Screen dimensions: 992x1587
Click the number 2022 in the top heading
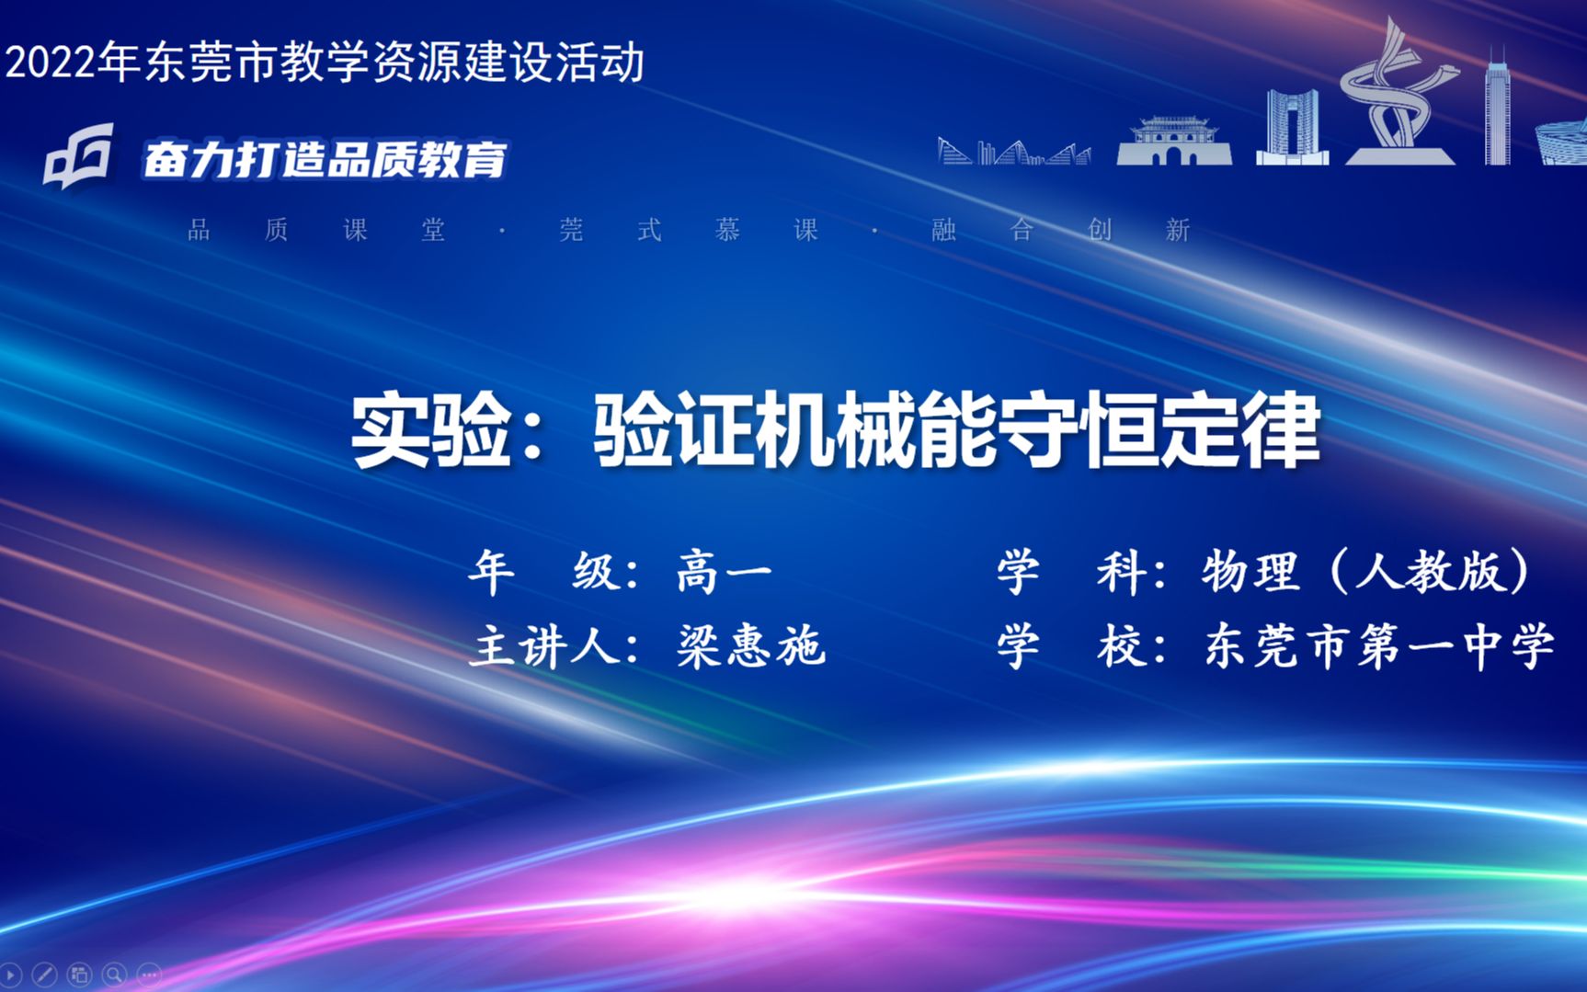(x=51, y=63)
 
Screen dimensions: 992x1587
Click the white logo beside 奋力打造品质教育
(x=79, y=157)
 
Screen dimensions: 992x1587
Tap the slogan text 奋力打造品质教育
(x=325, y=160)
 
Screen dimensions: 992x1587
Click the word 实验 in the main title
(x=430, y=430)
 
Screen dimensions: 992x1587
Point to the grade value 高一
(x=724, y=573)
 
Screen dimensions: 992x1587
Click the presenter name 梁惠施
(x=751, y=645)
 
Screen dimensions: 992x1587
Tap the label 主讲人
(x=543, y=645)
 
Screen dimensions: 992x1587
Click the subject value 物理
(x=1250, y=572)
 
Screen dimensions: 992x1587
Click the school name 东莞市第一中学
(x=1379, y=645)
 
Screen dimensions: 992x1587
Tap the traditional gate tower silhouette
(x=1173, y=142)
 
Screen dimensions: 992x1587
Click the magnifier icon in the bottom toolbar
(x=114, y=974)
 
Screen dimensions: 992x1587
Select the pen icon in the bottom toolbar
(x=44, y=974)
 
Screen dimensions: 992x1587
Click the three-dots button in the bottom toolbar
(x=149, y=974)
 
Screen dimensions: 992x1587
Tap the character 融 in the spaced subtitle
(x=943, y=230)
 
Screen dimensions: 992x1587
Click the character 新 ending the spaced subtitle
(x=1178, y=230)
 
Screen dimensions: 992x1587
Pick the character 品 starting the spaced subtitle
(x=199, y=230)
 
